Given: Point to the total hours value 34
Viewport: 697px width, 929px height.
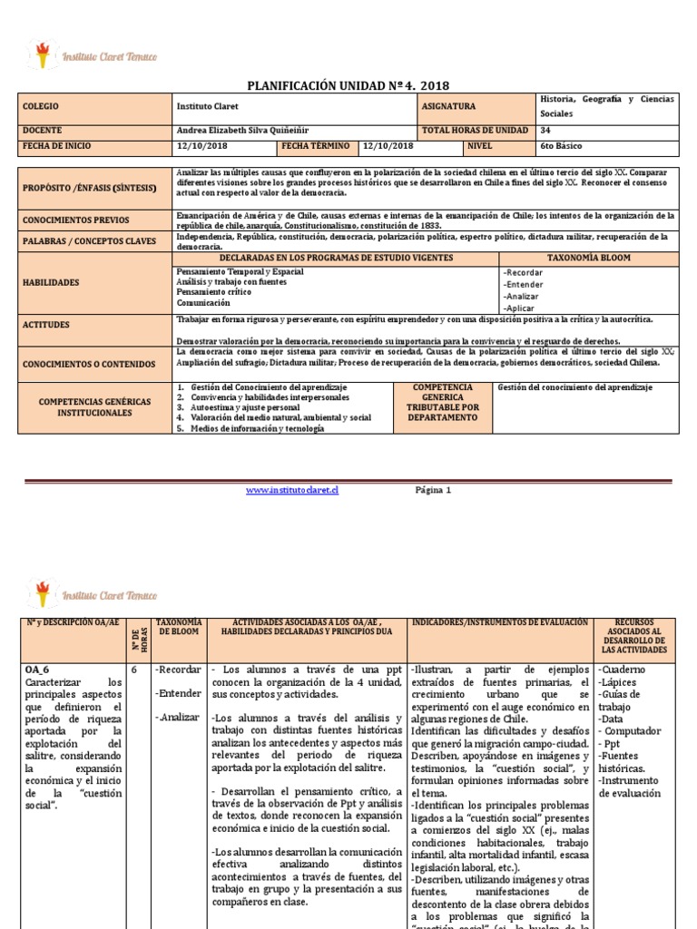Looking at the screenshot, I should point(545,130).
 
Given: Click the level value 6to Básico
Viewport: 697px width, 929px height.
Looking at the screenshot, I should point(561,145).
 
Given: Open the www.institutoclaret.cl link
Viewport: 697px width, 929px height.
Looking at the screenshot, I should point(292,490).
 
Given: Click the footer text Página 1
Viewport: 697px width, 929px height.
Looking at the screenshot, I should point(432,490).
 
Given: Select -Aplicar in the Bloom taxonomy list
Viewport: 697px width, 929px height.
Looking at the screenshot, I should point(519,308).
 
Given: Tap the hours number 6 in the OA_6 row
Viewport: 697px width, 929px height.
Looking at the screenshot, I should point(133,669).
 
